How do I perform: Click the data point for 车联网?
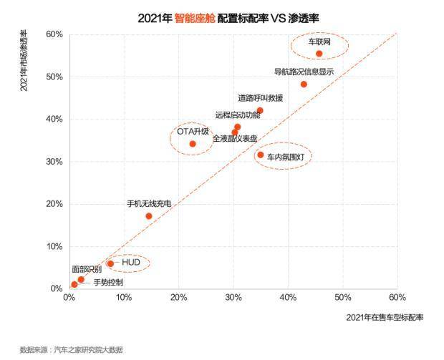pyautogui.click(x=319, y=54)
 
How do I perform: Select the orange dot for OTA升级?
pyautogui.click(x=193, y=144)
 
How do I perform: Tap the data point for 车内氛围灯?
pyautogui.click(x=261, y=155)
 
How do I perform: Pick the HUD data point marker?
pyautogui.click(x=110, y=263)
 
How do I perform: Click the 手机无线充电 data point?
pyautogui.click(x=149, y=216)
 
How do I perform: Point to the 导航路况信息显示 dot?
pyautogui.click(x=304, y=84)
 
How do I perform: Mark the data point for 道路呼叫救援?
pyautogui.click(x=260, y=111)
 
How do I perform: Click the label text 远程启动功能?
pyautogui.click(x=238, y=115)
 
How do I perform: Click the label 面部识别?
pyautogui.click(x=86, y=270)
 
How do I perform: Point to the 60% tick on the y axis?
pyautogui.click(x=54, y=34)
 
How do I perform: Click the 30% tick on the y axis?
pyautogui.click(x=54, y=162)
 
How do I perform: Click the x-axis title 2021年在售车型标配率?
pyautogui.click(x=385, y=317)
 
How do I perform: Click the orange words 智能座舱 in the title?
pyautogui.click(x=194, y=16)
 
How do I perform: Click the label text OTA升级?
pyautogui.click(x=193, y=132)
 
